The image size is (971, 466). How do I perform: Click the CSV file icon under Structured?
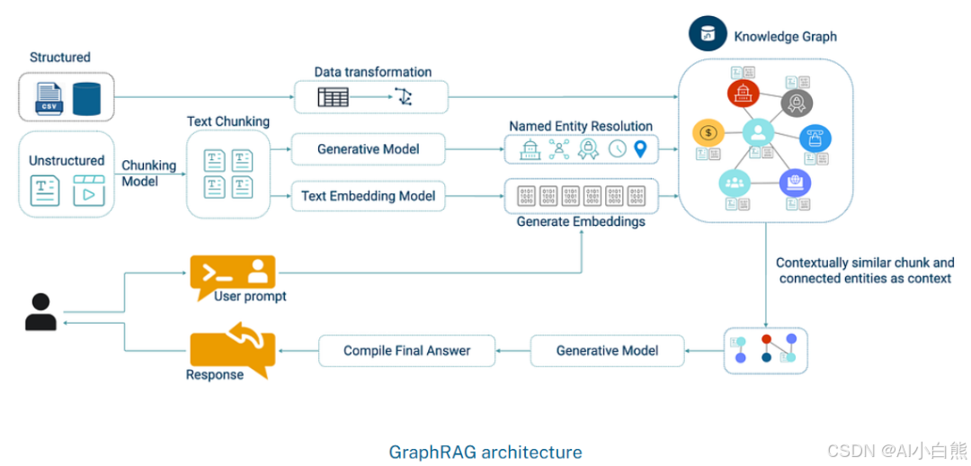49,98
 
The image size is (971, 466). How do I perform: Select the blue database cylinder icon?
87,98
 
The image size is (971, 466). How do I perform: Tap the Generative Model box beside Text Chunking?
369,149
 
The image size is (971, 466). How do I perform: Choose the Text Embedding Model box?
369,196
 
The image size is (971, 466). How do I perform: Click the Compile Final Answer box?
406,350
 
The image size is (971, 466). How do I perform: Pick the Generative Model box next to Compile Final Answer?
607,350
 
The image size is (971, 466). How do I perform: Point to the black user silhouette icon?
40,312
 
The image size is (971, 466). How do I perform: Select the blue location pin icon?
640,149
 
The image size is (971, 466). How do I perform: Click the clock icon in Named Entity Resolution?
617,149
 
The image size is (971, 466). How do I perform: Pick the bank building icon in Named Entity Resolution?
530,149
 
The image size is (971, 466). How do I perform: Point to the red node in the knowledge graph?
744,92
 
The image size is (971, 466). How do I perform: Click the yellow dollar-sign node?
708,133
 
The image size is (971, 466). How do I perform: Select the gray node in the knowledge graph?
796,103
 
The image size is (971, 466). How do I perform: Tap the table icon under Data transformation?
333,96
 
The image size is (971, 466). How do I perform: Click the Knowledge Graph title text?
785,37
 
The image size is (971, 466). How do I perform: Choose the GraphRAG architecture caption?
485,452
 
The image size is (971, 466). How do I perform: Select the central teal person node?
758,133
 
